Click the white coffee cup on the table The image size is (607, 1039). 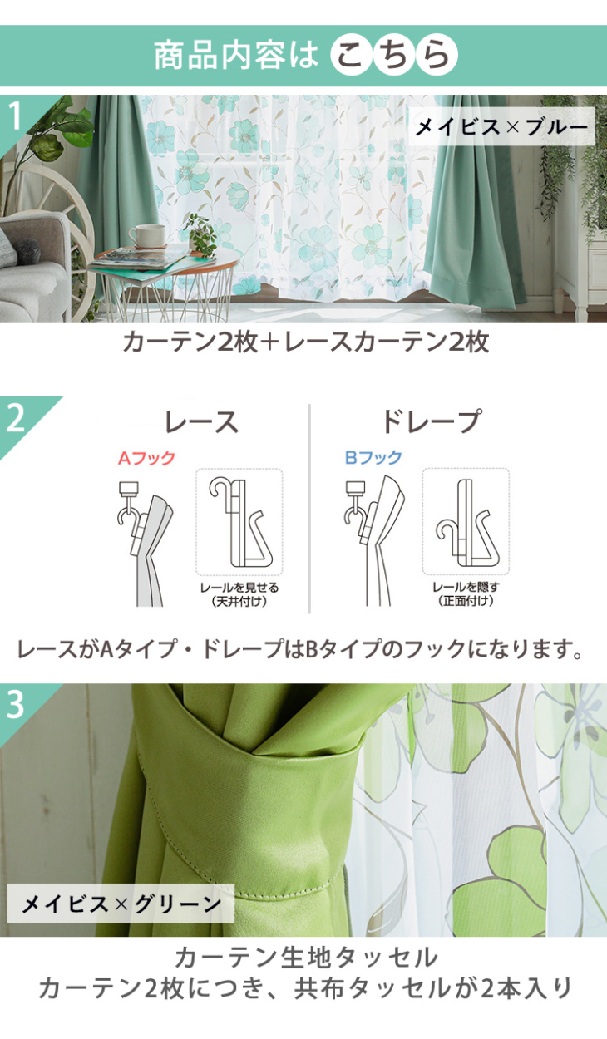coord(146,235)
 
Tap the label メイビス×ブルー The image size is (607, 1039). coord(501,126)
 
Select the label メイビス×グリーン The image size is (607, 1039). coord(121,903)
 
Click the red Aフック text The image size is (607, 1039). coord(146,458)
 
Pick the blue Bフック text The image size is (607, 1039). coord(373,458)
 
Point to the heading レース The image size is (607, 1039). coord(202,422)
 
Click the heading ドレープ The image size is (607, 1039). coord(431,421)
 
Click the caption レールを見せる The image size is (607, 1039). coord(239,588)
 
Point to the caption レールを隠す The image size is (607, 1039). coord(466,587)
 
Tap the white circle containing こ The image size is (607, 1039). coord(352,55)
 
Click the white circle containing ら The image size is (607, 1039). coord(437,55)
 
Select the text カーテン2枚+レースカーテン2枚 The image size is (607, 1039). coord(306,342)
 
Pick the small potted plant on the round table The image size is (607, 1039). coord(202,235)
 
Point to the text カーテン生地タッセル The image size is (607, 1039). coord(306,958)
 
